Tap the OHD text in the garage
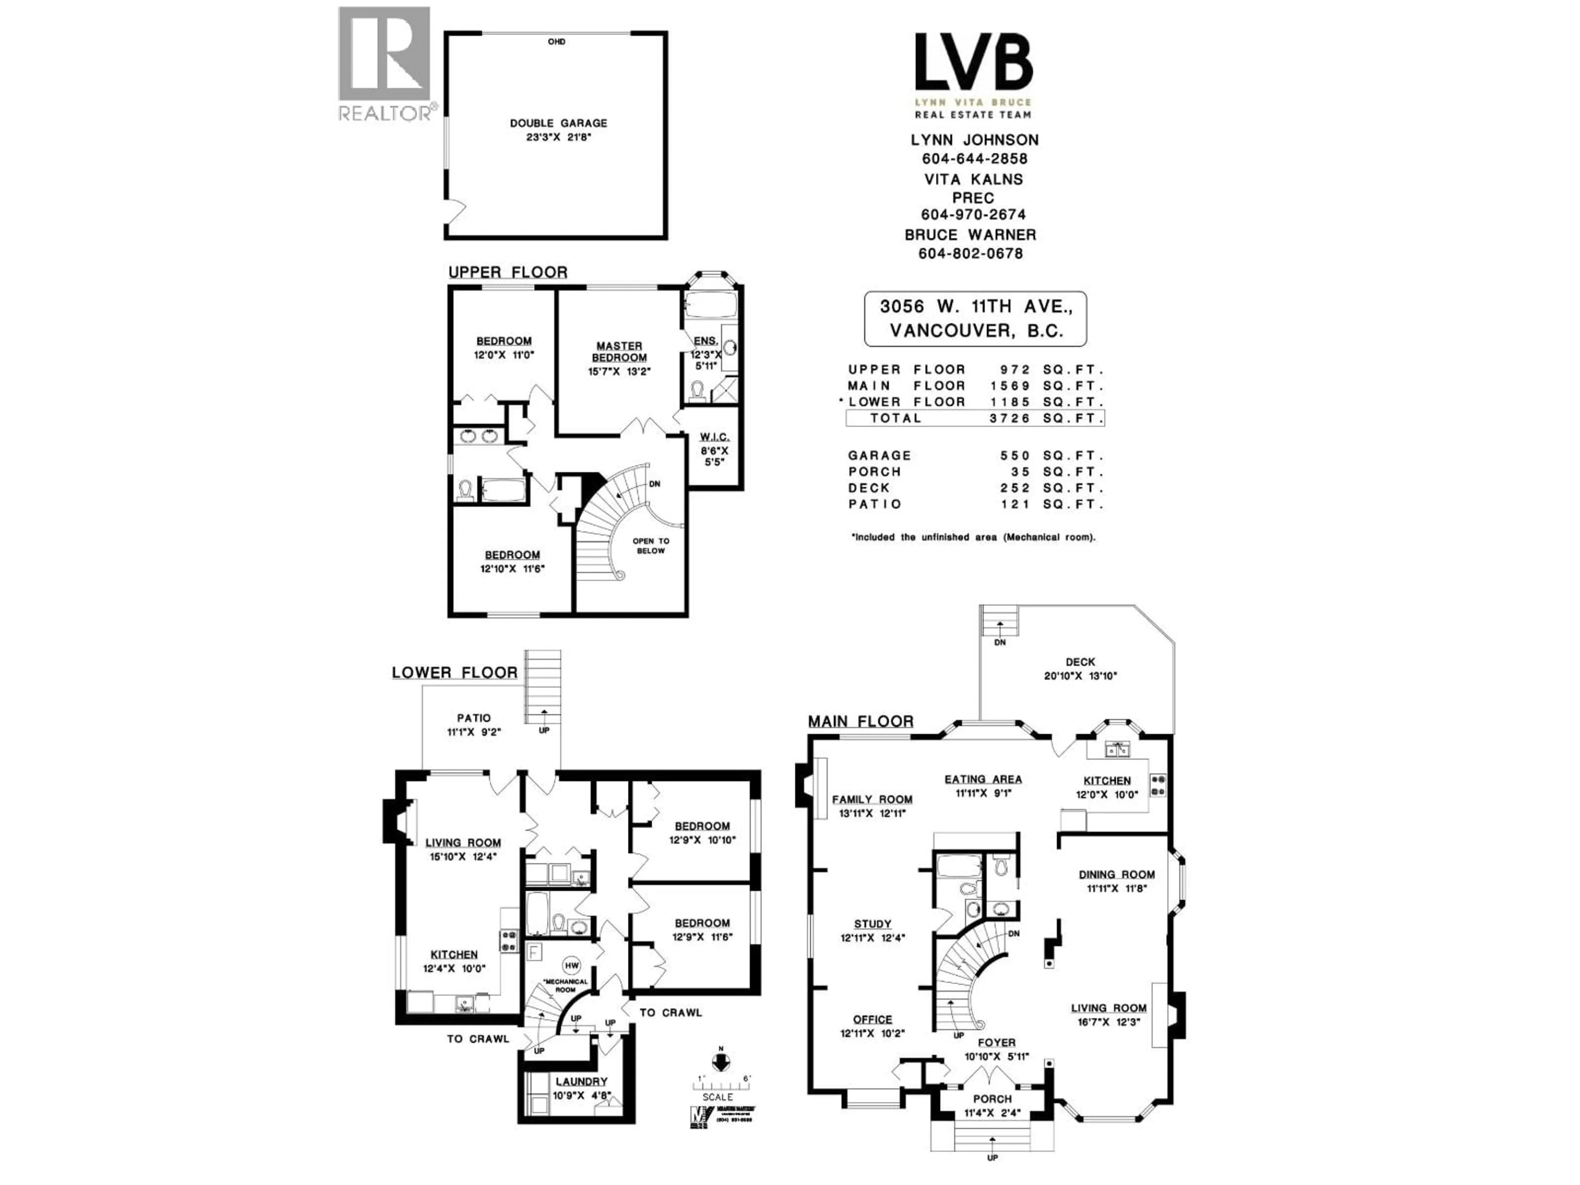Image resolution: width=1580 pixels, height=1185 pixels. pos(556,42)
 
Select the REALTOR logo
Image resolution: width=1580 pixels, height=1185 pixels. pos(384,64)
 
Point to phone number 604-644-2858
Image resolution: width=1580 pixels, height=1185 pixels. pos(974,158)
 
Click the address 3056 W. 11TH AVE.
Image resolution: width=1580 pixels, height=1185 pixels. pos(976,307)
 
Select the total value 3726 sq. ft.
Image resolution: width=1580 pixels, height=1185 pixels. pos(1010,418)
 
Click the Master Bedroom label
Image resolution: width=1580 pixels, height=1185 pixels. pos(619,351)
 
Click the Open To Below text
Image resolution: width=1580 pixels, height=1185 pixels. pos(651,546)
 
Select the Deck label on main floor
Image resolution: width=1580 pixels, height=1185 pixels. pos(1080,662)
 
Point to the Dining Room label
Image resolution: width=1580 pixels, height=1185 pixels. pos(1116,874)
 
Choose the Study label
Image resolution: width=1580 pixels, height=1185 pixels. pos(872,924)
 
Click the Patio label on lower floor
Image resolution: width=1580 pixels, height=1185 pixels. pos(474,718)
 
